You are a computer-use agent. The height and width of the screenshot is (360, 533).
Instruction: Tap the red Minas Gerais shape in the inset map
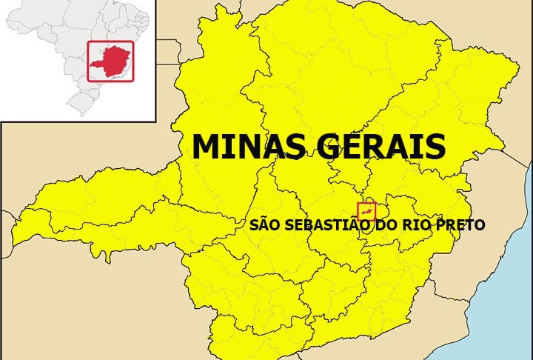click(110, 62)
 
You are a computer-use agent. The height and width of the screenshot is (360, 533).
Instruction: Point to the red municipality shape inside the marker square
click(366, 213)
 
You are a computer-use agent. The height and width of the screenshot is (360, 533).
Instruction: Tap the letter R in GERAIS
click(369, 146)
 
